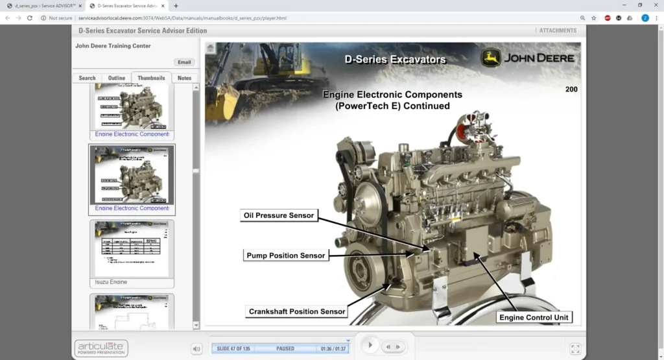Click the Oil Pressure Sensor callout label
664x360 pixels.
point(278,215)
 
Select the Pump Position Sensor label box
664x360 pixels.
point(285,256)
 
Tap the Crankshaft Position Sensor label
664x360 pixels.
point(297,311)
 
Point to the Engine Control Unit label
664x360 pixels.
point(534,317)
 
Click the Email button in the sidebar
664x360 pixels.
point(184,62)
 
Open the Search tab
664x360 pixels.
point(87,78)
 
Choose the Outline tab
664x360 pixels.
point(117,78)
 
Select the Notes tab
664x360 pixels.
point(184,78)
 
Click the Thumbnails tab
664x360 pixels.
point(151,78)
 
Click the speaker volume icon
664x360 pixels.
point(196,349)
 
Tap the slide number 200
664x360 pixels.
point(571,90)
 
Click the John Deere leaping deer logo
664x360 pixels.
point(490,57)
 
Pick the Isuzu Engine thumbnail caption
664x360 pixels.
point(111,282)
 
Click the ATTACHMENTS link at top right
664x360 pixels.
point(557,30)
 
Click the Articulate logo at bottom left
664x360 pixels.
point(101,348)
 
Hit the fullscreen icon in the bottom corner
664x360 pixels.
point(575,349)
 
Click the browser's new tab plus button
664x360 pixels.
point(176,6)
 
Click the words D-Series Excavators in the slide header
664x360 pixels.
point(396,60)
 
